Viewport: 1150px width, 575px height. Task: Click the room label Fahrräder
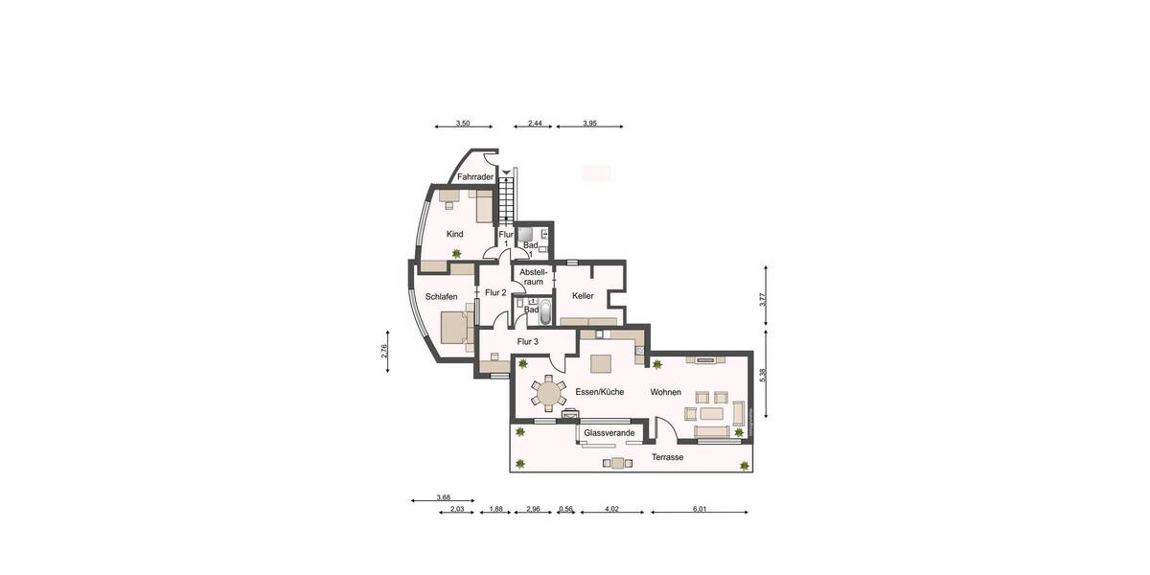pos(475,177)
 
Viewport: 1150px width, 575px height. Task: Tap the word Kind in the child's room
pos(455,235)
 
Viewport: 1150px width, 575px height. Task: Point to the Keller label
pos(584,296)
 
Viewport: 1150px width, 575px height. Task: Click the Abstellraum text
pos(532,277)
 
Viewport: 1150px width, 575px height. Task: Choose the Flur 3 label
pos(528,342)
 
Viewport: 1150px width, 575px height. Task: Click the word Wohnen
pos(666,392)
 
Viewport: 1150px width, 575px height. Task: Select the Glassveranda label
pos(609,433)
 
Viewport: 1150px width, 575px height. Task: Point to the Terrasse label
pos(667,458)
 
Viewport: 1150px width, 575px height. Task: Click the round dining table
pos(550,393)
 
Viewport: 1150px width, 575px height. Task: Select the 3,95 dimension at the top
pos(589,124)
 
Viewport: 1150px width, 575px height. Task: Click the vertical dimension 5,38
pos(763,375)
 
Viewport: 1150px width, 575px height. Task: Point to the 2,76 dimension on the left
pos(384,351)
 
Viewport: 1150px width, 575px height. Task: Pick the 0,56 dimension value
pos(565,509)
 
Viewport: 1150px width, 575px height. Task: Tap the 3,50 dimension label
pos(463,124)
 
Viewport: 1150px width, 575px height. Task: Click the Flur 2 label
pos(495,292)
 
